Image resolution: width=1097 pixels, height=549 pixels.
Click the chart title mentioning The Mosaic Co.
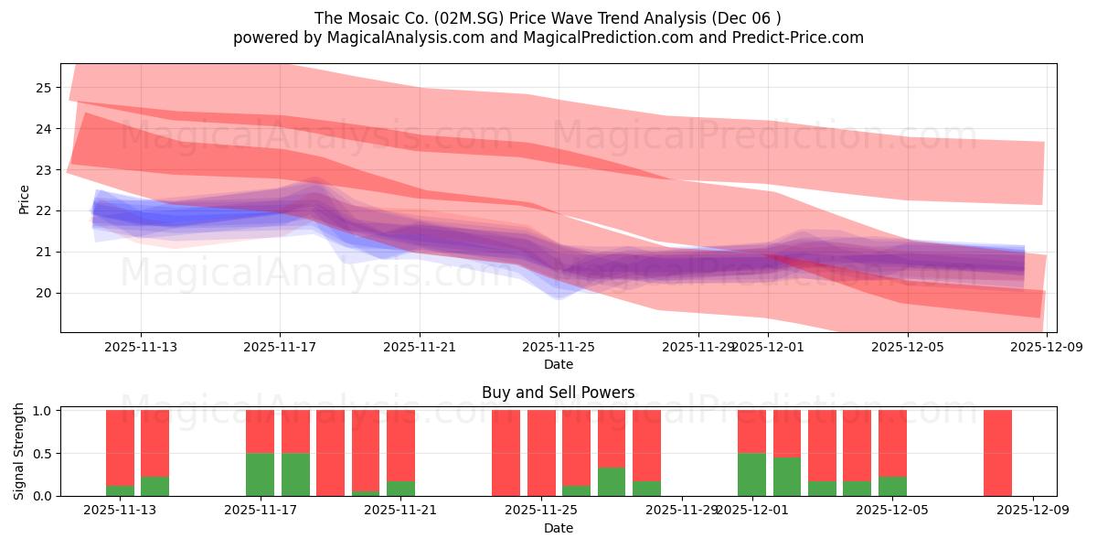(x=548, y=17)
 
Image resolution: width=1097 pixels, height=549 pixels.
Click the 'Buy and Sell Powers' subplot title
(x=558, y=393)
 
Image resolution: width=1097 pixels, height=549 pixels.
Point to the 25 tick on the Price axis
(x=44, y=88)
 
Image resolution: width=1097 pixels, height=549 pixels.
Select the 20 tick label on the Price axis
(x=44, y=293)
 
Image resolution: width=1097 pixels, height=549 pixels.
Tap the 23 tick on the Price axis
(x=44, y=170)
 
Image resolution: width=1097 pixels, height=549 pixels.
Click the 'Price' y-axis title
(x=24, y=199)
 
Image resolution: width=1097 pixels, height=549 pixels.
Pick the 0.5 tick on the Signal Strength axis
(x=40, y=454)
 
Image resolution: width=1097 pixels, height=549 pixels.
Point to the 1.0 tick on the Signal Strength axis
(x=40, y=411)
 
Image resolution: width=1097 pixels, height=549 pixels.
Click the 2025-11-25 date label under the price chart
(x=559, y=347)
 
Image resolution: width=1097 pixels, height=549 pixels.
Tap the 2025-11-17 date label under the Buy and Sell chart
(x=261, y=511)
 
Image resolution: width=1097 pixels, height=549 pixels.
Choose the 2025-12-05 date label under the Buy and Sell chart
(x=892, y=511)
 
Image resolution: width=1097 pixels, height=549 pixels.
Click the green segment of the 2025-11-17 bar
(x=261, y=474)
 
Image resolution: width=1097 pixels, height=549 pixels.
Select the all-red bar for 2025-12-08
(x=997, y=453)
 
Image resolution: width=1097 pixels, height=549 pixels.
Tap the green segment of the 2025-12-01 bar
(x=751, y=474)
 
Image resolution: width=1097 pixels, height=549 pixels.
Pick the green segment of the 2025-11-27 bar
(x=612, y=482)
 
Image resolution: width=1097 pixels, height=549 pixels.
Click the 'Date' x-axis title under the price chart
(x=558, y=364)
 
